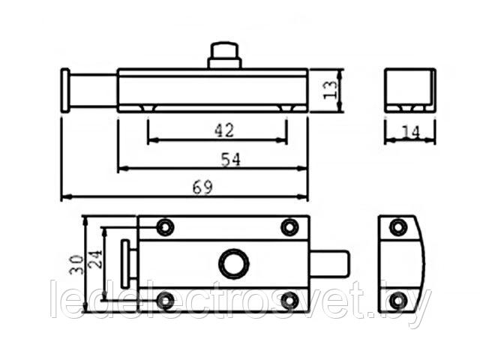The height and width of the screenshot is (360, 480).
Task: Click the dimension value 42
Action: point(224,130)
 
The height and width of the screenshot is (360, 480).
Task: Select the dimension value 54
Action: point(231,159)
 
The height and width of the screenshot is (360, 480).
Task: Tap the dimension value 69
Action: point(202,187)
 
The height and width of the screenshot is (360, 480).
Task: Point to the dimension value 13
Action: point(330,90)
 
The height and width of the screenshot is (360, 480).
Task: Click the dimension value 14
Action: point(410,132)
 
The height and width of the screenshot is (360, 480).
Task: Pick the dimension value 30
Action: point(76,265)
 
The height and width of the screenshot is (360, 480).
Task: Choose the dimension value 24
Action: point(94,259)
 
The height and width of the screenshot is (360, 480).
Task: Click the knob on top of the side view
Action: point(224,55)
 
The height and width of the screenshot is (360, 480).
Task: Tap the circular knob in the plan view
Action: point(233,263)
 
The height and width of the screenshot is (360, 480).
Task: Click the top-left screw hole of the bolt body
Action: point(165,227)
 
